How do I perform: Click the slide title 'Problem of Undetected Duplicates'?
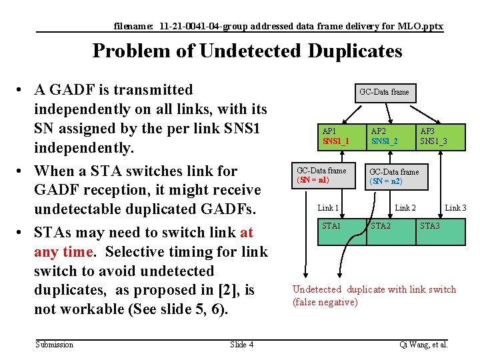tap(247, 51)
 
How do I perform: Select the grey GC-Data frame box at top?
tap(384, 92)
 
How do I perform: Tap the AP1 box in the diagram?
tap(342, 137)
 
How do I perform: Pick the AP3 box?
tap(439, 137)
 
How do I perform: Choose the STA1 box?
tap(342, 231)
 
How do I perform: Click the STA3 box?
tap(439, 231)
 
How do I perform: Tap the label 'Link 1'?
tap(329, 209)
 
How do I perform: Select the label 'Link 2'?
tap(405, 209)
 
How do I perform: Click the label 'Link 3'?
tap(455, 209)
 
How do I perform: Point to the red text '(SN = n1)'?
tap(313, 180)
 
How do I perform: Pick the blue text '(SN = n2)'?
tap(386, 181)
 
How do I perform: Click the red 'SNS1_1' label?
tap(336, 141)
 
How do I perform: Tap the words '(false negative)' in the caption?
tap(325, 303)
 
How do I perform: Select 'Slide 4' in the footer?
tap(241, 344)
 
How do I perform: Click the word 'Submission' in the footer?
tap(55, 344)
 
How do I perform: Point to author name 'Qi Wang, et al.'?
tap(423, 344)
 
